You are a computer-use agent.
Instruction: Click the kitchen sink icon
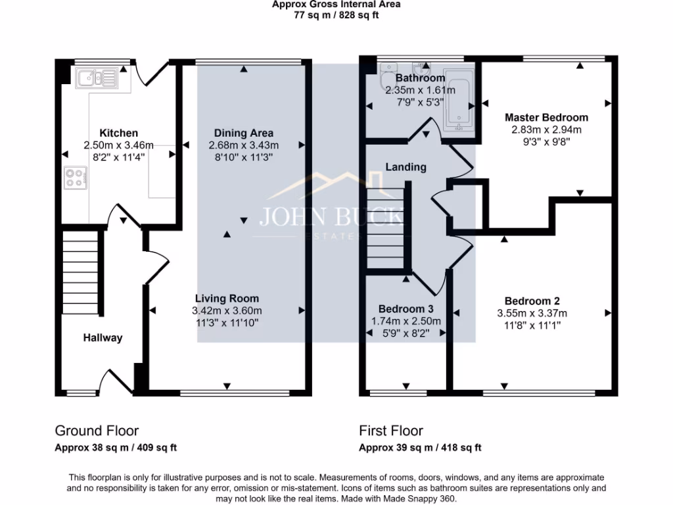[x=96, y=79]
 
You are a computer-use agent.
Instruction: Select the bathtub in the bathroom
[x=461, y=99]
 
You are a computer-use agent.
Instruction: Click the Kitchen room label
[x=118, y=133]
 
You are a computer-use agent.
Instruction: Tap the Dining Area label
[x=243, y=133]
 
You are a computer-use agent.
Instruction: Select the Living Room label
[x=227, y=298]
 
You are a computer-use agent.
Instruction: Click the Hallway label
[x=103, y=338]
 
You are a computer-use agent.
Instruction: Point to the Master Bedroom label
[x=546, y=118]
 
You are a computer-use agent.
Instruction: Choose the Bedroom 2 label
[x=532, y=301]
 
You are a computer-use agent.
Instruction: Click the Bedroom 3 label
[x=406, y=308]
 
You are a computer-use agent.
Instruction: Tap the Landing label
[x=406, y=167]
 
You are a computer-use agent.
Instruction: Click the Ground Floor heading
[x=97, y=431]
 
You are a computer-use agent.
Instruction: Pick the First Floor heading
[x=391, y=431]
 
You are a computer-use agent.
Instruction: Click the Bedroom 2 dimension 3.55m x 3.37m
[x=532, y=313]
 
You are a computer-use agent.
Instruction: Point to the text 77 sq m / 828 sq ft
[x=336, y=15]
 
